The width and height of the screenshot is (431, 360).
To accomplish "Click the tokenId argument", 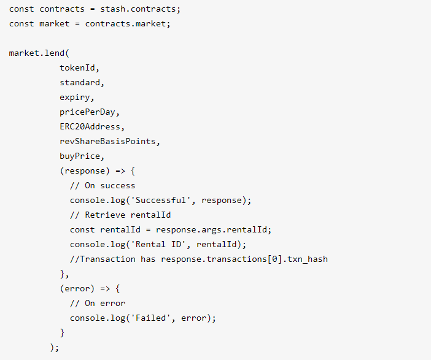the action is (77, 68).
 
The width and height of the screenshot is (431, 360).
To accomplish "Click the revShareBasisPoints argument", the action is (110, 142).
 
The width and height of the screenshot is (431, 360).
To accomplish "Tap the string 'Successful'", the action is (166, 201).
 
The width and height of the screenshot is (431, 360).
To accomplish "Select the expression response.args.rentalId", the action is (214, 230).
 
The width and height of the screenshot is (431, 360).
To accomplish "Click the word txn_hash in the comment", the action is (308, 259).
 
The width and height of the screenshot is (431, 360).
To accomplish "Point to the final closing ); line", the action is (55, 348).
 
